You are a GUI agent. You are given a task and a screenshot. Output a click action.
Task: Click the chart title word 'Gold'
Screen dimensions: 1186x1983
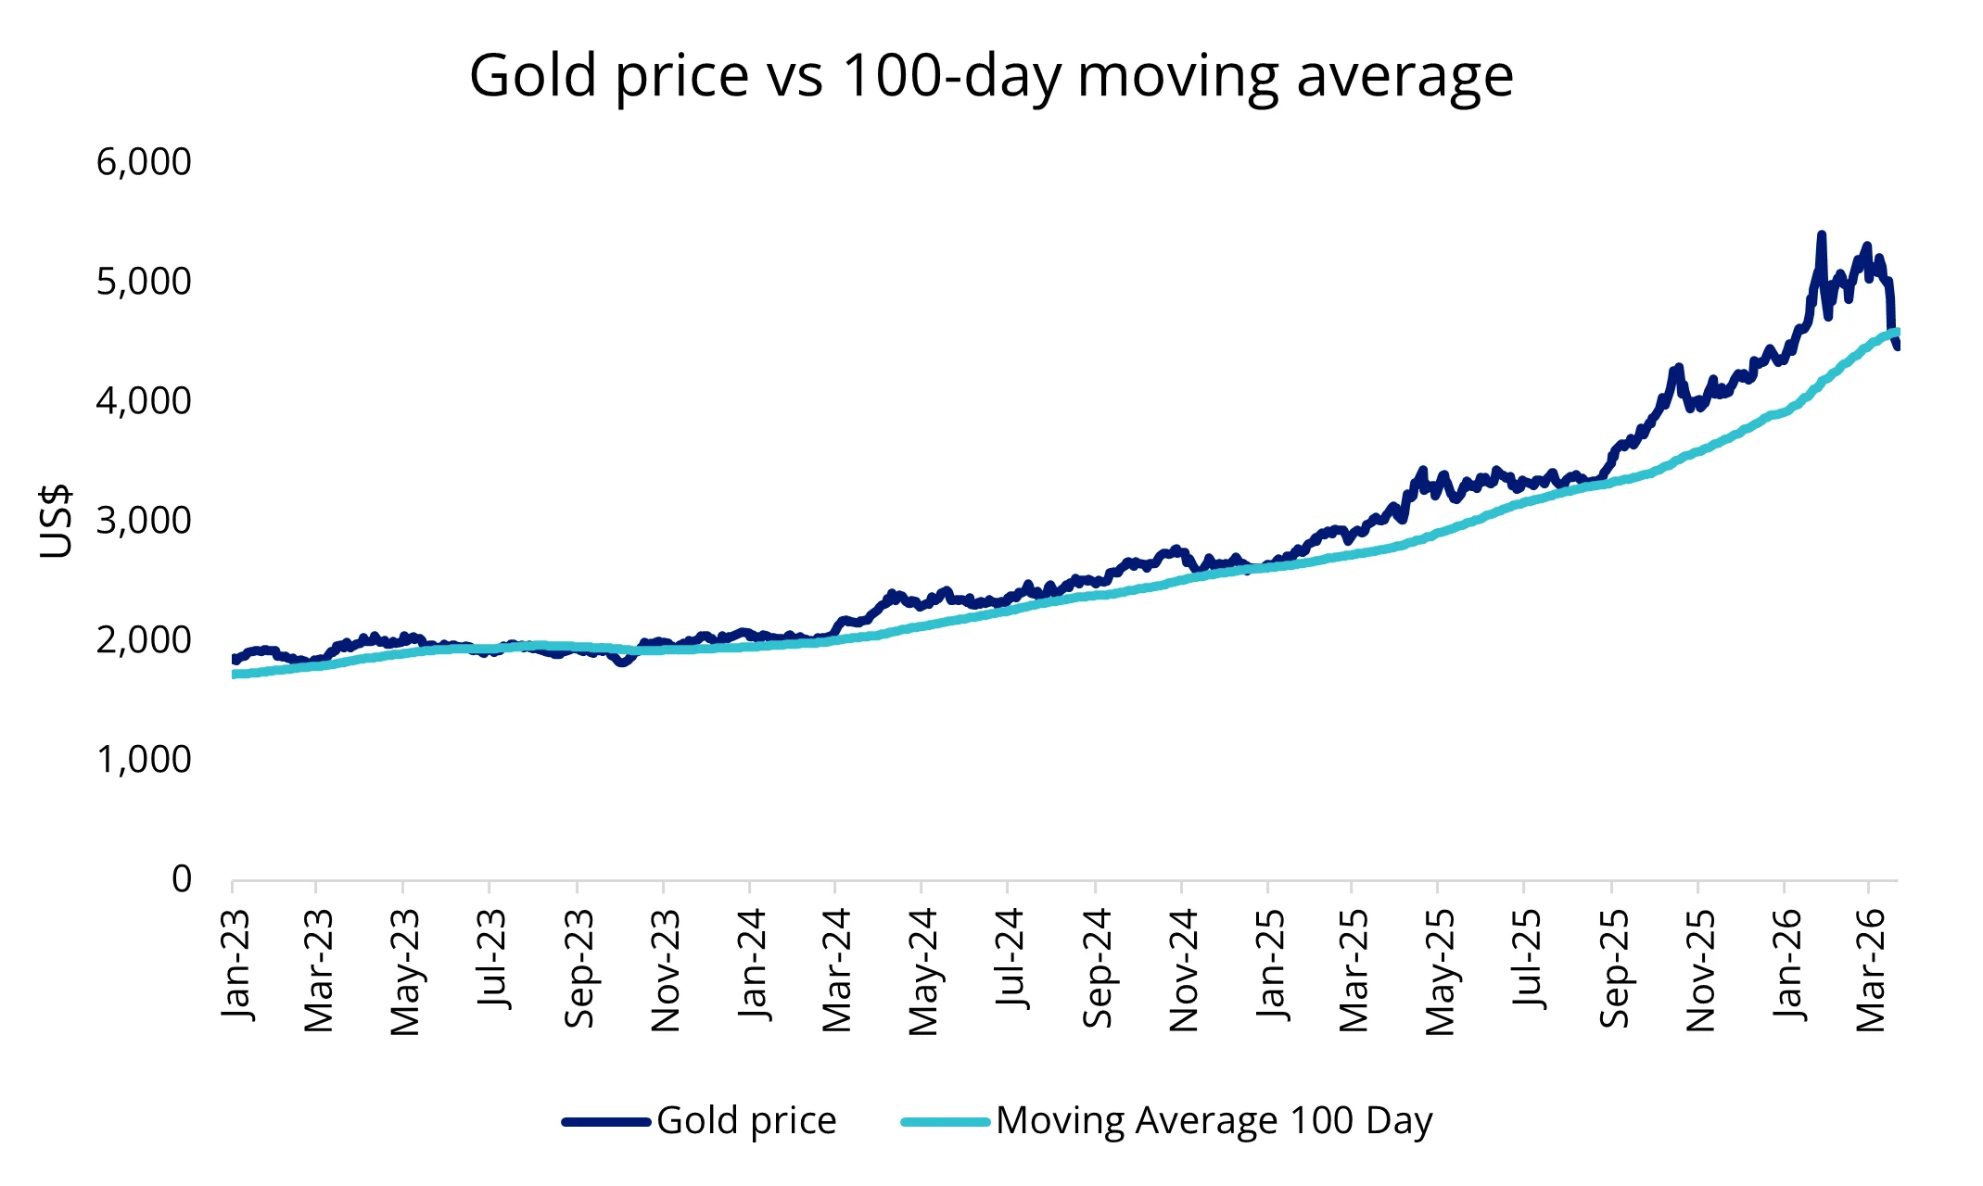pos(532,75)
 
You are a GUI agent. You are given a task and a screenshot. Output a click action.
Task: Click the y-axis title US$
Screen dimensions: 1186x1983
pos(56,521)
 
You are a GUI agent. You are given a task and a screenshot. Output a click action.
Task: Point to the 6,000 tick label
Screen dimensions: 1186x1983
pos(144,162)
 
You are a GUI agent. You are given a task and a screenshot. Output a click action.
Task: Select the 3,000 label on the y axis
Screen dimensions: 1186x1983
pos(144,521)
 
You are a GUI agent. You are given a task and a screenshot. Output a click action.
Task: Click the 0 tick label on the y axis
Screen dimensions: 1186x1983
pos(182,878)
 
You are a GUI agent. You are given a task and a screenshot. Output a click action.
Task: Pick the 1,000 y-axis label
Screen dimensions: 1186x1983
pos(144,760)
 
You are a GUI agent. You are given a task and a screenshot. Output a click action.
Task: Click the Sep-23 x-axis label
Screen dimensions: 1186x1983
pos(578,967)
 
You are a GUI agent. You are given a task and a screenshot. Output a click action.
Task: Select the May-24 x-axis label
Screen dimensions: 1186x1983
pos(923,971)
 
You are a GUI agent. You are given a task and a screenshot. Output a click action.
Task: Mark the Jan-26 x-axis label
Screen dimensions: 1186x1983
pos(1786,964)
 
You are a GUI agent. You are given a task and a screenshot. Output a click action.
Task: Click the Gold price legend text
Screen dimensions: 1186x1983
pos(746,1121)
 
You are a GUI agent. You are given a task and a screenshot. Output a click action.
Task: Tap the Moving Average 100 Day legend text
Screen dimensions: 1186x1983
pos(1214,1121)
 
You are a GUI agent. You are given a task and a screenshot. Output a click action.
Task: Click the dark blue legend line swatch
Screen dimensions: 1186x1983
pos(606,1122)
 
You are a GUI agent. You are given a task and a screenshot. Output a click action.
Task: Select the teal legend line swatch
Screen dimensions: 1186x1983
pos(946,1122)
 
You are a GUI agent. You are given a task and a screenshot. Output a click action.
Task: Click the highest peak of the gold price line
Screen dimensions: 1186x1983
pos(1821,235)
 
